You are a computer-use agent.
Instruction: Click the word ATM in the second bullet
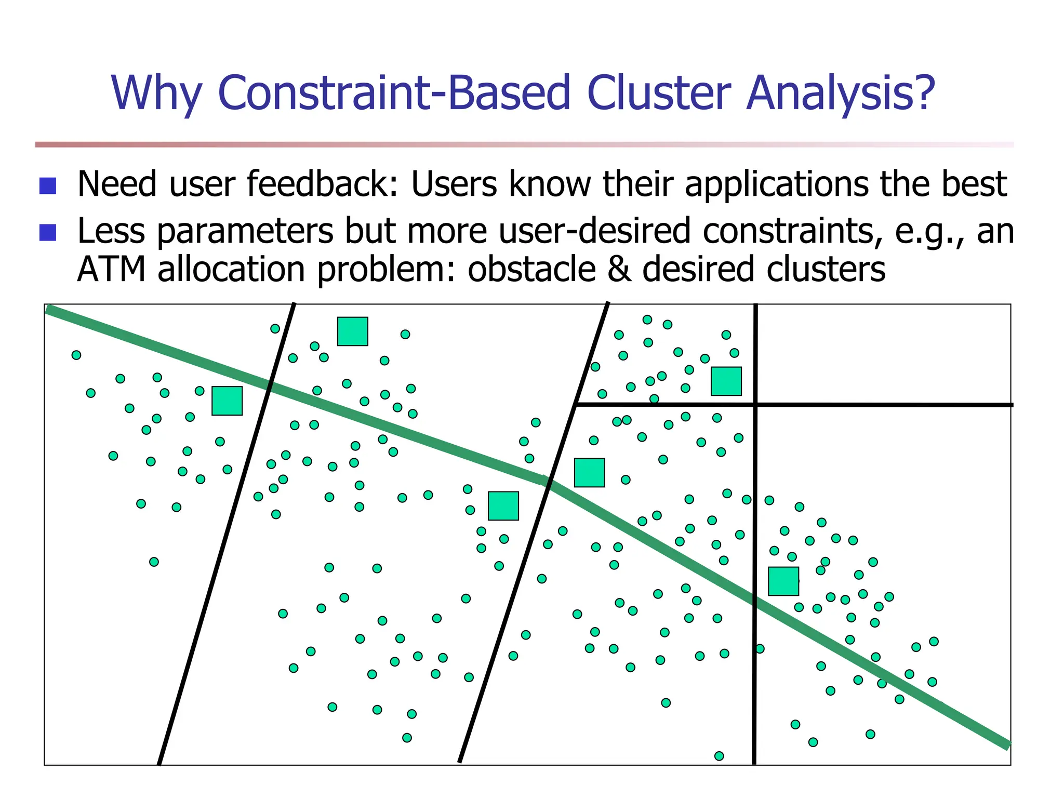coord(111,269)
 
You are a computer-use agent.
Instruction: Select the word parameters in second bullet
coord(244,231)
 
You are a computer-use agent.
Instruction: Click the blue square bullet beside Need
coord(48,186)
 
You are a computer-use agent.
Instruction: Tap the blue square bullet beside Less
coord(48,233)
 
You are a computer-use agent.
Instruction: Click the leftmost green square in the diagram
coord(227,401)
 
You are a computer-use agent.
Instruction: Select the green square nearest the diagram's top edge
coord(353,331)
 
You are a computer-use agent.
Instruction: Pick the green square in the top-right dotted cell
coord(726,381)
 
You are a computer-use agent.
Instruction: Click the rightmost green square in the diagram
coord(783,581)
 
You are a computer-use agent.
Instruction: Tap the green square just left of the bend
coord(503,506)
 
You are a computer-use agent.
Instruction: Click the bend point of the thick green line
coord(544,481)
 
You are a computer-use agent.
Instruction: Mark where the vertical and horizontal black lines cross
coord(755,404)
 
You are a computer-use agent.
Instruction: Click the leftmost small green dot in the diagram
coord(76,355)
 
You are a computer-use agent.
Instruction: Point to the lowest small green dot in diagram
coord(719,756)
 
